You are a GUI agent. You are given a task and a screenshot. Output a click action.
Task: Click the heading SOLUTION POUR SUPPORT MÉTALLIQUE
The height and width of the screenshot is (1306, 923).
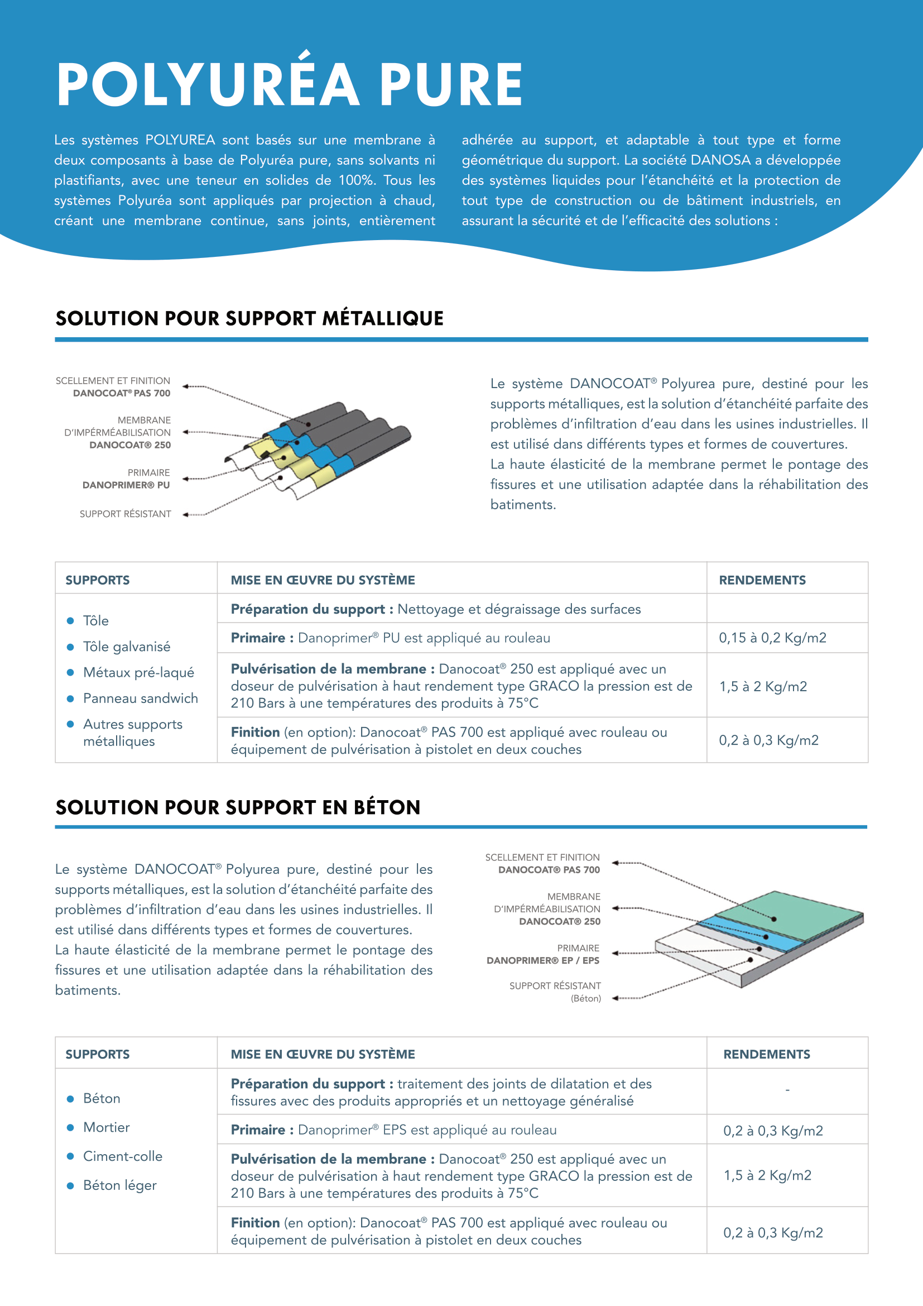coord(249,318)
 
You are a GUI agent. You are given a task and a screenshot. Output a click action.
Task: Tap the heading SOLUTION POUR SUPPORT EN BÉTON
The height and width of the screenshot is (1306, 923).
coord(238,807)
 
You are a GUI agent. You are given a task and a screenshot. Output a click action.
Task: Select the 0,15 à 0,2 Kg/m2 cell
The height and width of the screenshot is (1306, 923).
coord(772,638)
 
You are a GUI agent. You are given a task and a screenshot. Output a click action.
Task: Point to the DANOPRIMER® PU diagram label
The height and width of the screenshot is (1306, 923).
coord(126,485)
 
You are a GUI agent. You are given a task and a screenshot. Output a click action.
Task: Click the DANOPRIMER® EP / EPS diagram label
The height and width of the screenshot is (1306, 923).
coord(543,960)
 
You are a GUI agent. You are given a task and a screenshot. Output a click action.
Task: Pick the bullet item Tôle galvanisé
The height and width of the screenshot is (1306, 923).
coord(126,647)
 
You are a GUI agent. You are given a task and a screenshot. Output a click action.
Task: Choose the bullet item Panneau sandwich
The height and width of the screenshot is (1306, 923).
coord(141,698)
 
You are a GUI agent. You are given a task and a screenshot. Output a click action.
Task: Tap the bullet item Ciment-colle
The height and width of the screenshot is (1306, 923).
coord(122,1156)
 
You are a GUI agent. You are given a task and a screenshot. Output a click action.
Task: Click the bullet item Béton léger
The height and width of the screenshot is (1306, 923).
coord(119,1185)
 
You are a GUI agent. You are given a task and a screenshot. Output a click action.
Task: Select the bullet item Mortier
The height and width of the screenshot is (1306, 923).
coord(106,1127)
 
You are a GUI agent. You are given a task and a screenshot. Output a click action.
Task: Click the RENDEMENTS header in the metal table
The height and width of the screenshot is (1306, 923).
coord(762,580)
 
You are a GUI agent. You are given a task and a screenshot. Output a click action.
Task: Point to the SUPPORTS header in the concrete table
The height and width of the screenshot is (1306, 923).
coord(97,1054)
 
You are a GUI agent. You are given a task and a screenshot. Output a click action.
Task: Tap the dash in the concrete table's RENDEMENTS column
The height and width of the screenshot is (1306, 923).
coord(787,1090)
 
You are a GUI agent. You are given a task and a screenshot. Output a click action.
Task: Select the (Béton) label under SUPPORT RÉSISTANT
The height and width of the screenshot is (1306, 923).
coord(585,998)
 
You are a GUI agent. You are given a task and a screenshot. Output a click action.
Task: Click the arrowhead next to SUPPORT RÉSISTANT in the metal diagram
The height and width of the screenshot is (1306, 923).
coord(185,514)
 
